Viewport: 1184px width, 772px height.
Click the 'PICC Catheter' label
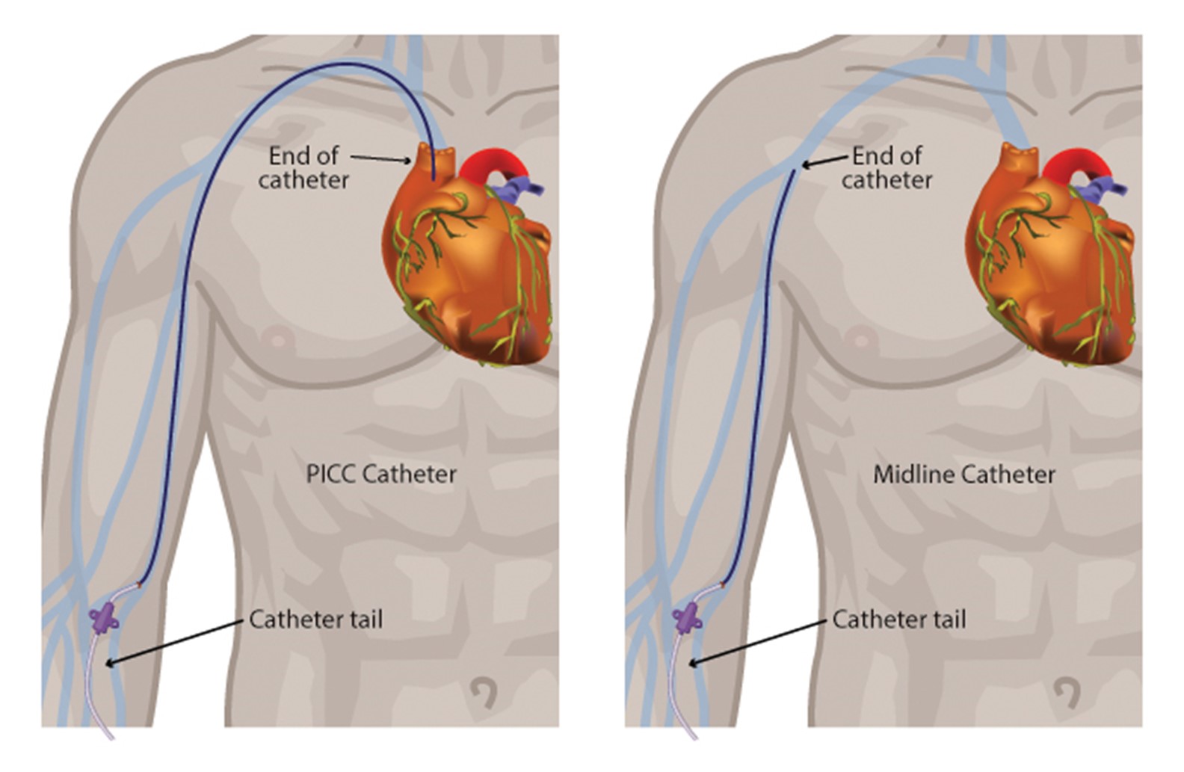coord(381,474)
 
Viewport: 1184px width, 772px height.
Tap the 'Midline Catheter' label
coord(964,474)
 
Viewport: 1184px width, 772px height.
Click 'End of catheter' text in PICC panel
coord(304,167)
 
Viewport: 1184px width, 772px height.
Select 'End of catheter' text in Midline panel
coord(887,167)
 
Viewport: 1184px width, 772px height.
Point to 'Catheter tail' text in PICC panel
coord(315,620)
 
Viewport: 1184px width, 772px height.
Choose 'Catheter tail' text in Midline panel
coord(898,620)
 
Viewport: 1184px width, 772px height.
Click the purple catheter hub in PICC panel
coord(103,618)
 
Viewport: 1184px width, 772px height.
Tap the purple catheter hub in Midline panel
coord(687,618)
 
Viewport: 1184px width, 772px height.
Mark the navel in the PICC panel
coord(487,691)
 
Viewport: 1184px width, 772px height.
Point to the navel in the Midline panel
coord(1070,691)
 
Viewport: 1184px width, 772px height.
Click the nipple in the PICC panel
coord(278,341)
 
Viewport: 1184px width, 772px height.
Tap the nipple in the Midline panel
coord(861,341)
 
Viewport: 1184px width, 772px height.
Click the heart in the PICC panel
coord(471,269)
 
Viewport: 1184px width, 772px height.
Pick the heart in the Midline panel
coord(1054,269)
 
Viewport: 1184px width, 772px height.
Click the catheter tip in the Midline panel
coord(794,171)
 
